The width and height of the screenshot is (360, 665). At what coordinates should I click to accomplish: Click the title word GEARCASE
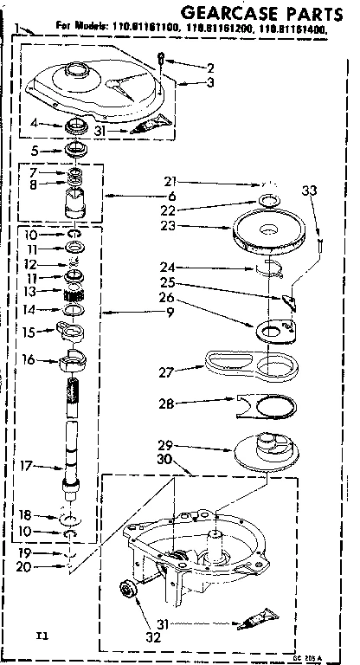pos(227,11)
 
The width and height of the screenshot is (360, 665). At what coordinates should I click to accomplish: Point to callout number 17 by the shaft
pos(27,466)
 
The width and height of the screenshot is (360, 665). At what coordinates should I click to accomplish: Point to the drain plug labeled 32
pos(128,591)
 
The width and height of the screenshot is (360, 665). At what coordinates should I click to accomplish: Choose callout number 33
pos(310,191)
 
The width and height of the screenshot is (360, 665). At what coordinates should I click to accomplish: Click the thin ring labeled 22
pos(269,202)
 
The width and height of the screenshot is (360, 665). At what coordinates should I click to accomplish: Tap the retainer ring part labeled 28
pos(268,404)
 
